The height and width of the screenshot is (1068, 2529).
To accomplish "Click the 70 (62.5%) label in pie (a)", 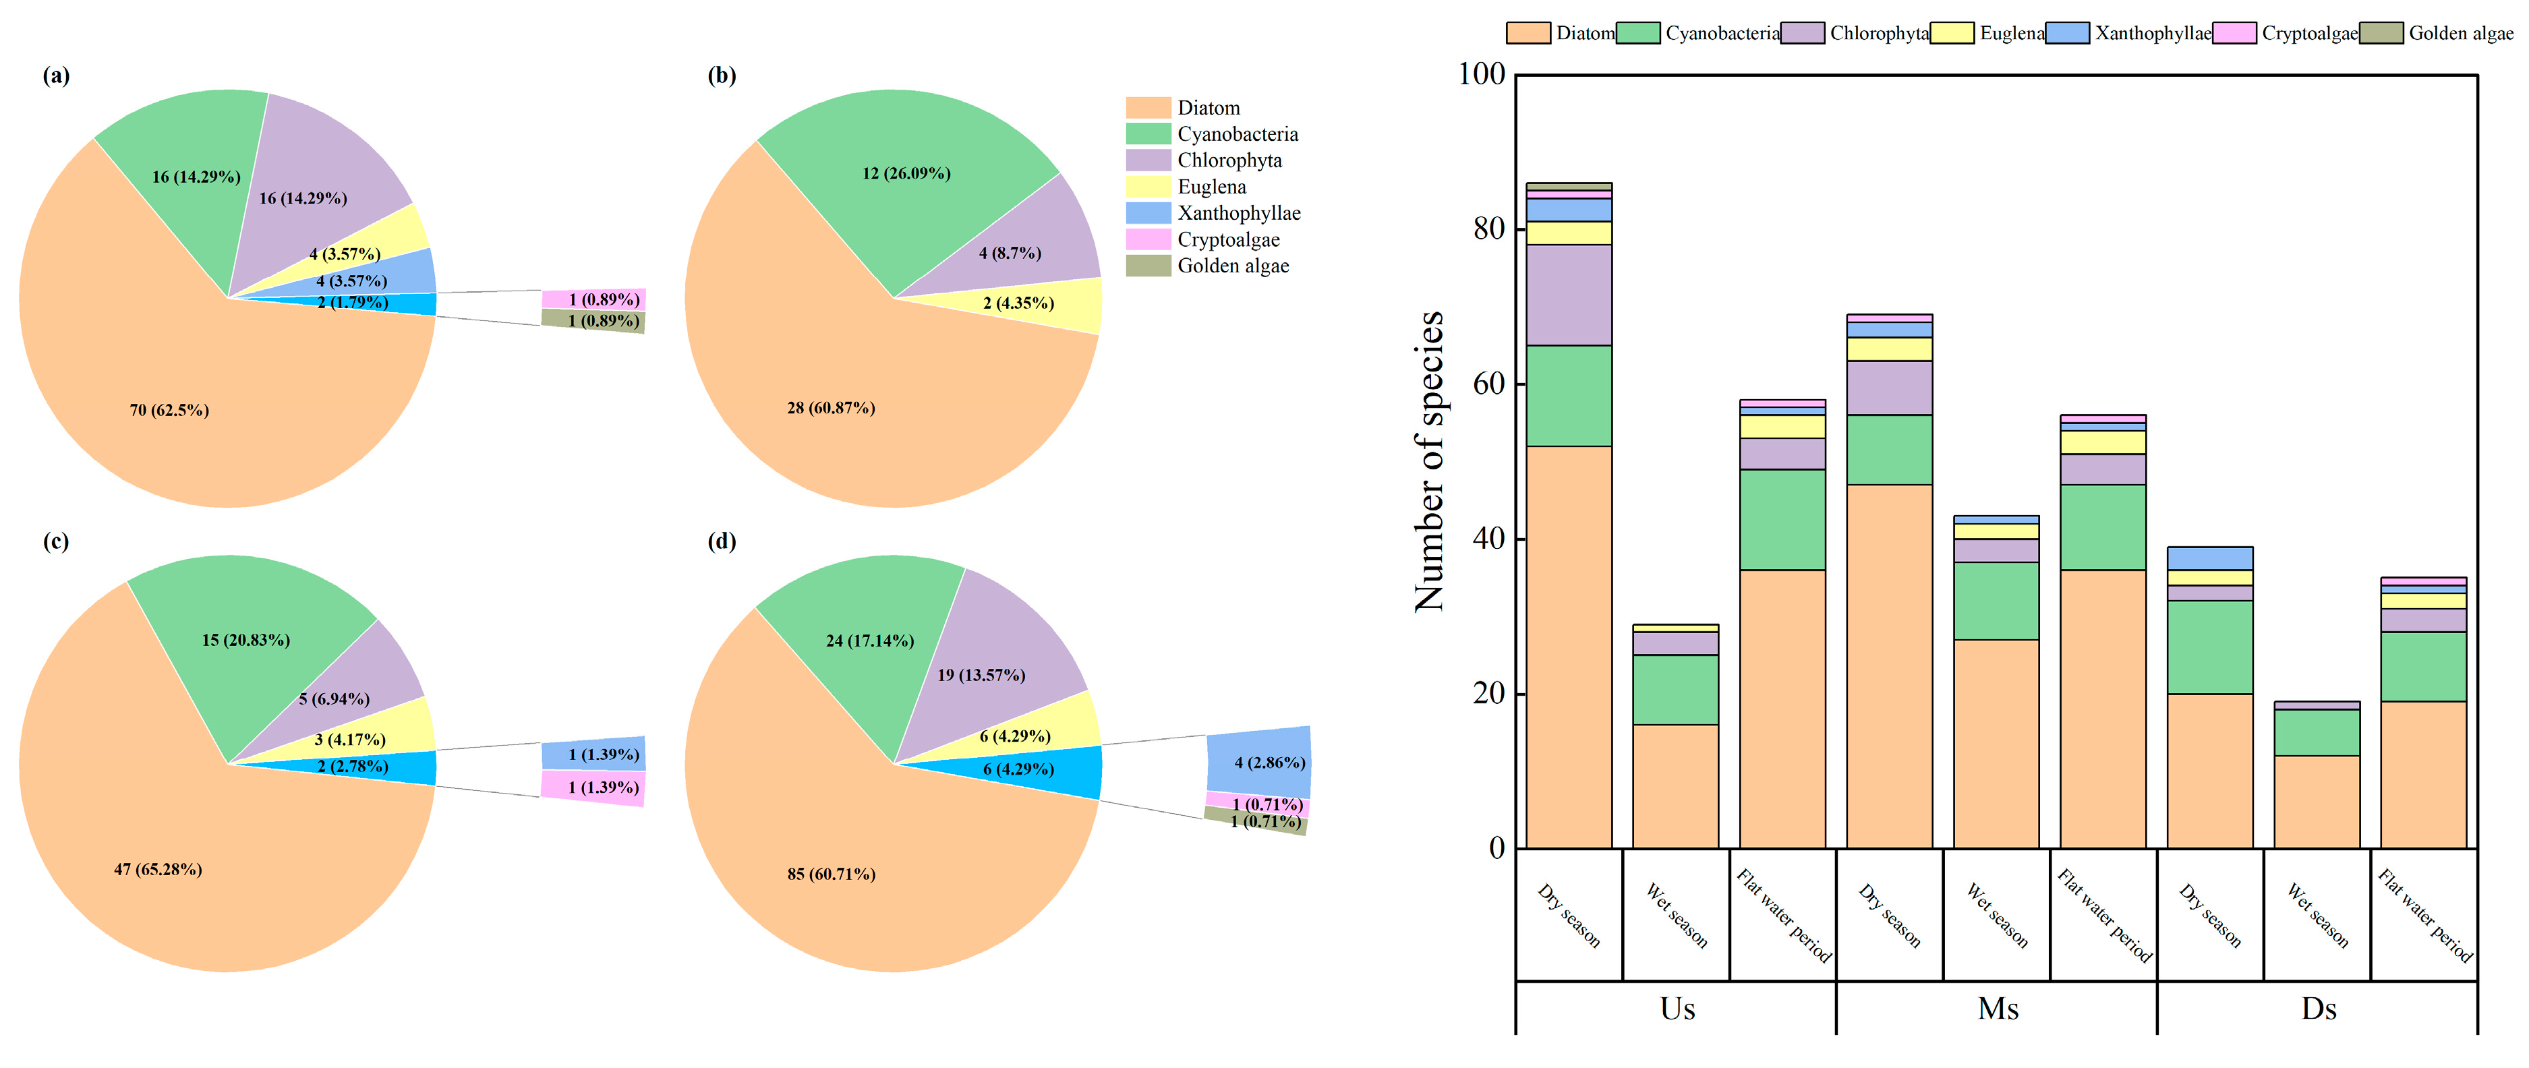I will (x=169, y=411).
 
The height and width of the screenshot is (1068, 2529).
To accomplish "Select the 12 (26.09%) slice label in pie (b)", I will (x=906, y=174).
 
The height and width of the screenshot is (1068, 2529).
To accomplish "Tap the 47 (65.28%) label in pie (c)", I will (x=158, y=870).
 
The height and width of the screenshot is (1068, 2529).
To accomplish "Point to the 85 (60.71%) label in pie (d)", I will (x=831, y=874).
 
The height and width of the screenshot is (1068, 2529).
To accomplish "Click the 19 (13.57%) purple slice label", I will (x=981, y=676).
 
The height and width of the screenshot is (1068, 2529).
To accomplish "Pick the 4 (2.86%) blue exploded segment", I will (x=1269, y=762).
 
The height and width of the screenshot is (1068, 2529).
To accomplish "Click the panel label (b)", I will (x=722, y=76).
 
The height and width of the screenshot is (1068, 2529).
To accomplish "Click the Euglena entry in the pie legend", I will (x=1211, y=187).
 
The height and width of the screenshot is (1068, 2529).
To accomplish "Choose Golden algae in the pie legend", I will (x=1232, y=266).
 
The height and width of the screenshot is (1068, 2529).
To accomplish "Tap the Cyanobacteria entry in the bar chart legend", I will (x=1722, y=34).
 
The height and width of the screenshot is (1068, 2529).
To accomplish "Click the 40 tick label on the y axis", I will (x=1488, y=538).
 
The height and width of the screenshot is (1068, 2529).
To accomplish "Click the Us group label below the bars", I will (x=1677, y=1009).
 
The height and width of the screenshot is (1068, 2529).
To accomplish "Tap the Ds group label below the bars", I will (x=2318, y=1009).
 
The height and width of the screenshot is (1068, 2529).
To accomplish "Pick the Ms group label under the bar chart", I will (x=1998, y=1009).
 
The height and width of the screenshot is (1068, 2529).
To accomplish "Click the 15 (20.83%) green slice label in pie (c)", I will (x=245, y=640).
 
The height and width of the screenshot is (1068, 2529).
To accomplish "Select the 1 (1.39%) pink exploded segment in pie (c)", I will (x=603, y=788).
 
